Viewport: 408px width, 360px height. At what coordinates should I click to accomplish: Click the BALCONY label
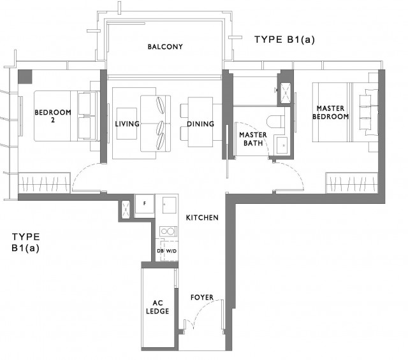click(165, 47)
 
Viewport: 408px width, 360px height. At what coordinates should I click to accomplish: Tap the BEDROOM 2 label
click(53, 116)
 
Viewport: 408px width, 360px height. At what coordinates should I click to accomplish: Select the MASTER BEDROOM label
click(330, 112)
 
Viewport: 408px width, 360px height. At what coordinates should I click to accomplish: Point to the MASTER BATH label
click(253, 139)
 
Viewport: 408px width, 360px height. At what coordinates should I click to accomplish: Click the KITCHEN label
click(202, 218)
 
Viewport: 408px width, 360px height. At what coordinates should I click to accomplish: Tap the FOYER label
click(202, 298)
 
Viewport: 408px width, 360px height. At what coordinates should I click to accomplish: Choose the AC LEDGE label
click(157, 307)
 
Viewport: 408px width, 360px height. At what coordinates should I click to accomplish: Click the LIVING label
click(127, 124)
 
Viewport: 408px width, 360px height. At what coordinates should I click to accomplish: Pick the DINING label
click(201, 124)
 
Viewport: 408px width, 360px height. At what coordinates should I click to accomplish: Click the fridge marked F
click(145, 204)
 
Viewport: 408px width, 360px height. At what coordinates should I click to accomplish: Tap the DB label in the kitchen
click(160, 251)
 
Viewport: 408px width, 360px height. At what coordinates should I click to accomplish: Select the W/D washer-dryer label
click(171, 251)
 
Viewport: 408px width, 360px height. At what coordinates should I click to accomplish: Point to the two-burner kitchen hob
click(168, 231)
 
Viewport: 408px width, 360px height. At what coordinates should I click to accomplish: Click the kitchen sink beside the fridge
click(170, 205)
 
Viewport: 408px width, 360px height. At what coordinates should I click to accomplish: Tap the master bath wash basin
click(282, 145)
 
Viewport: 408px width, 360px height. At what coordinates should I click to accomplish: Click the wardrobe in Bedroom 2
click(44, 183)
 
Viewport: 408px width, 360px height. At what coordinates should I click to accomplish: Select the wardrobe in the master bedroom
click(352, 183)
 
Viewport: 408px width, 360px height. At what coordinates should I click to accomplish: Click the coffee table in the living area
click(127, 124)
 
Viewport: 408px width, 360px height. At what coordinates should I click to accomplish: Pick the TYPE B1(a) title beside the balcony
click(285, 40)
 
